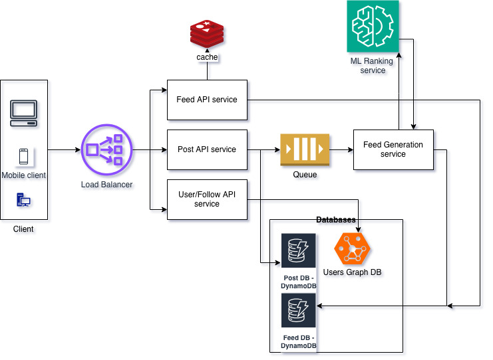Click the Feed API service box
point(207,100)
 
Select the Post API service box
point(207,149)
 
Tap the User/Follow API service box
point(207,199)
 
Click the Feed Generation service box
point(393,149)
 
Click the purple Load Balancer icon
point(106,150)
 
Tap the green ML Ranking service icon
point(373,27)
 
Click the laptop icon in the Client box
point(23,113)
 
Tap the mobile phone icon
point(23,157)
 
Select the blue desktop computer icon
point(23,199)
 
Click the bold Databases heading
point(336,219)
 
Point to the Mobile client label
point(23,175)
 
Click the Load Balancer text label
point(106,184)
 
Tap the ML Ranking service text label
point(373,66)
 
